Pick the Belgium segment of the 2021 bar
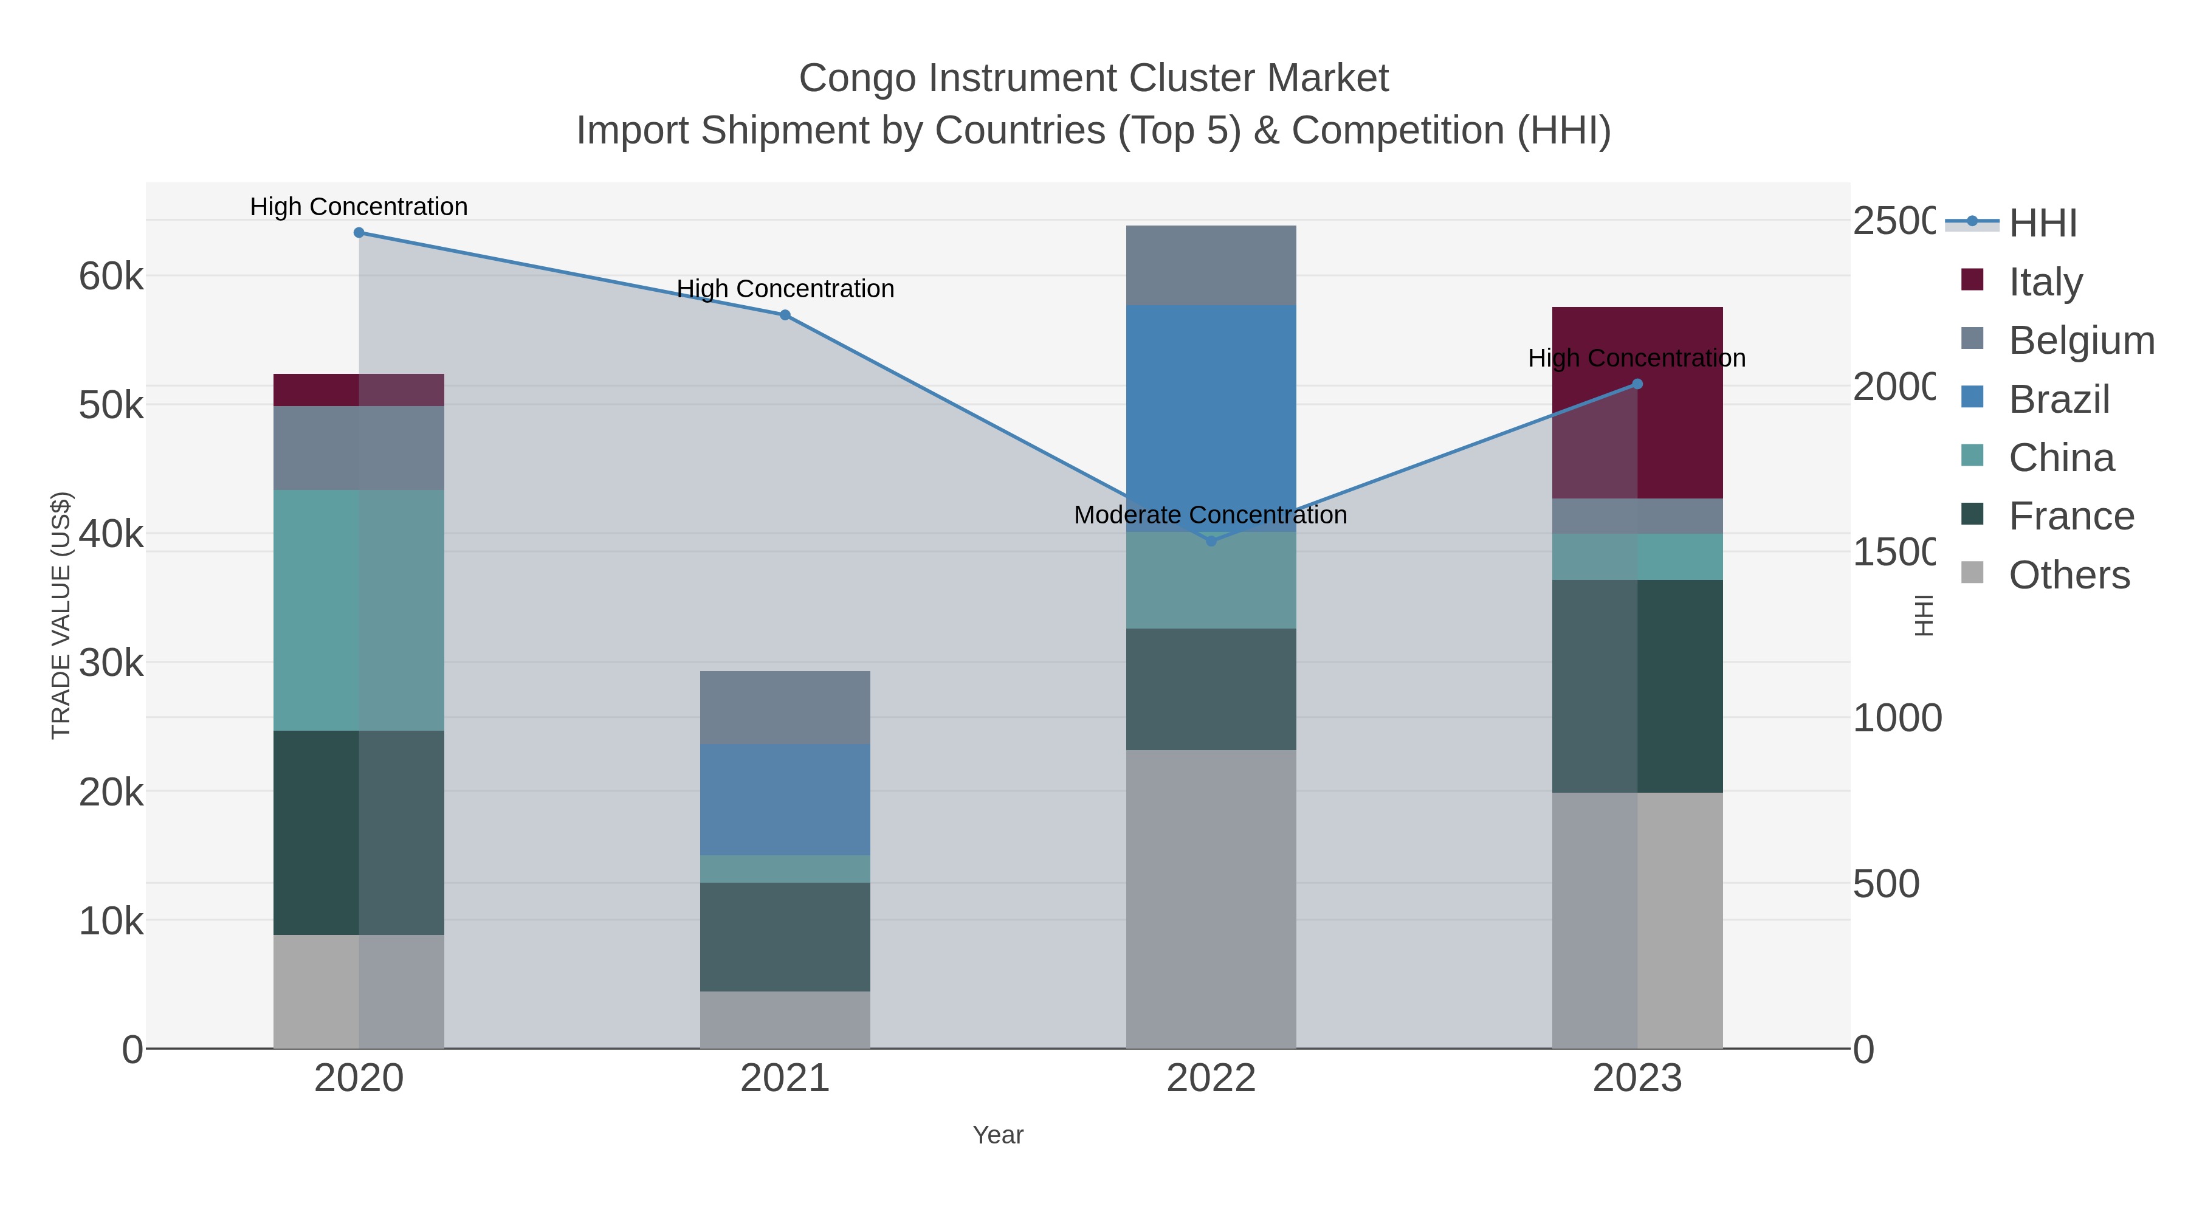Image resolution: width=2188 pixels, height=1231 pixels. (x=785, y=707)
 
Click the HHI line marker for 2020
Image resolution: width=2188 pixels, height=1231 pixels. (x=359, y=233)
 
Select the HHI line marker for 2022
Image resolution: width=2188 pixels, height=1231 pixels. (x=1211, y=541)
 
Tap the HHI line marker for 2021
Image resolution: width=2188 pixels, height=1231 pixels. (x=785, y=315)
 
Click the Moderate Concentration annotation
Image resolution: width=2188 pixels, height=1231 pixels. (x=1210, y=515)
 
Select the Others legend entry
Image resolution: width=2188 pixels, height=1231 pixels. (x=2068, y=575)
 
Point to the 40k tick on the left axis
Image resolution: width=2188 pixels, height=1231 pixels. (x=111, y=534)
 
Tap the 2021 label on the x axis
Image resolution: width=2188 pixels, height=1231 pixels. (x=785, y=1079)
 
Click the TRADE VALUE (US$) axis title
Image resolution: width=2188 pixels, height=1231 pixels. (x=61, y=615)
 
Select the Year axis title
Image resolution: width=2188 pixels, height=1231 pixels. (x=998, y=1135)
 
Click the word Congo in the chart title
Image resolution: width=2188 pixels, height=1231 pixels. (x=858, y=78)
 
